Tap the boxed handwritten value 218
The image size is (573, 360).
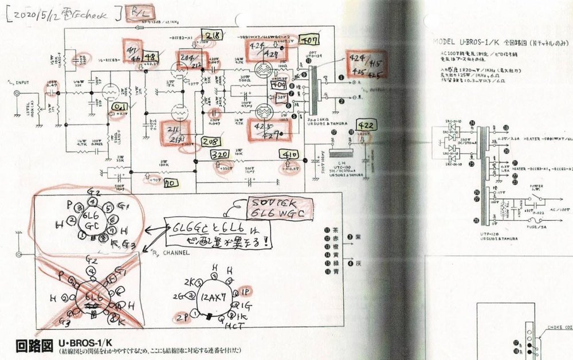211,35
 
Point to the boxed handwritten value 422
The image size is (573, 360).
365,126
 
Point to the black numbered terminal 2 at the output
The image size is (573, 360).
342,101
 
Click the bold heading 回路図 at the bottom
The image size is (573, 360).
32,346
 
